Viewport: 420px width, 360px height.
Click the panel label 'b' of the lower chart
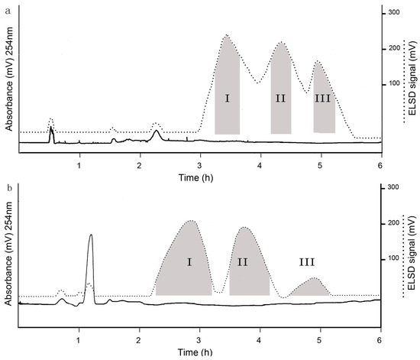click(7, 186)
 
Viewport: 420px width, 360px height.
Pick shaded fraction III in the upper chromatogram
click(324, 99)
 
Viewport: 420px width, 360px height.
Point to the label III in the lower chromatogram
click(307, 262)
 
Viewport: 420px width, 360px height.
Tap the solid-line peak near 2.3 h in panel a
click(156, 134)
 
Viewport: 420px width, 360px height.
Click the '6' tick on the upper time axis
click(380, 165)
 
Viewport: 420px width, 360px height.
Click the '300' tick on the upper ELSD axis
click(395, 13)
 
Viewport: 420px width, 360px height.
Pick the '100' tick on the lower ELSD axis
click(395, 258)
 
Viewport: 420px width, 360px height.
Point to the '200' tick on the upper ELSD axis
click(395, 48)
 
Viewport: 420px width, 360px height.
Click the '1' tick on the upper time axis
click(79, 165)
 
